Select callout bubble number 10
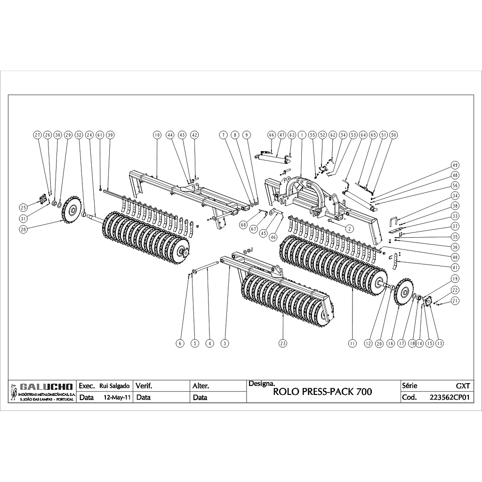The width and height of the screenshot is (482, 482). pyautogui.click(x=157, y=135)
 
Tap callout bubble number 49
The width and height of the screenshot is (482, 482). pyautogui.click(x=455, y=165)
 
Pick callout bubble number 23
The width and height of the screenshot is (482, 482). pyautogui.click(x=282, y=343)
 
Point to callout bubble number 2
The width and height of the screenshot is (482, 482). pyautogui.click(x=349, y=228)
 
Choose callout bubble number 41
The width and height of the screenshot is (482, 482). pyautogui.click(x=455, y=267)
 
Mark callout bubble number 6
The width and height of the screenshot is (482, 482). pyautogui.click(x=179, y=344)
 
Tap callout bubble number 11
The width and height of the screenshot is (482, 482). pyautogui.click(x=352, y=344)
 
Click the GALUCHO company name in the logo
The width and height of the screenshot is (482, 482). pyautogui.click(x=47, y=386)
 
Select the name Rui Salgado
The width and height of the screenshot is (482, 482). pyautogui.click(x=114, y=386)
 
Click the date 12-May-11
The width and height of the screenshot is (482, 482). pyautogui.click(x=117, y=397)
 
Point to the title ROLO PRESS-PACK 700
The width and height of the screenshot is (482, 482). pyautogui.click(x=322, y=392)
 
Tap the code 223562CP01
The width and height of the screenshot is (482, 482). pyautogui.click(x=450, y=397)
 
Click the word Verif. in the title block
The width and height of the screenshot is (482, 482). pyautogui.click(x=144, y=386)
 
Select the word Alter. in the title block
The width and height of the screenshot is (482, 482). pyautogui.click(x=201, y=386)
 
